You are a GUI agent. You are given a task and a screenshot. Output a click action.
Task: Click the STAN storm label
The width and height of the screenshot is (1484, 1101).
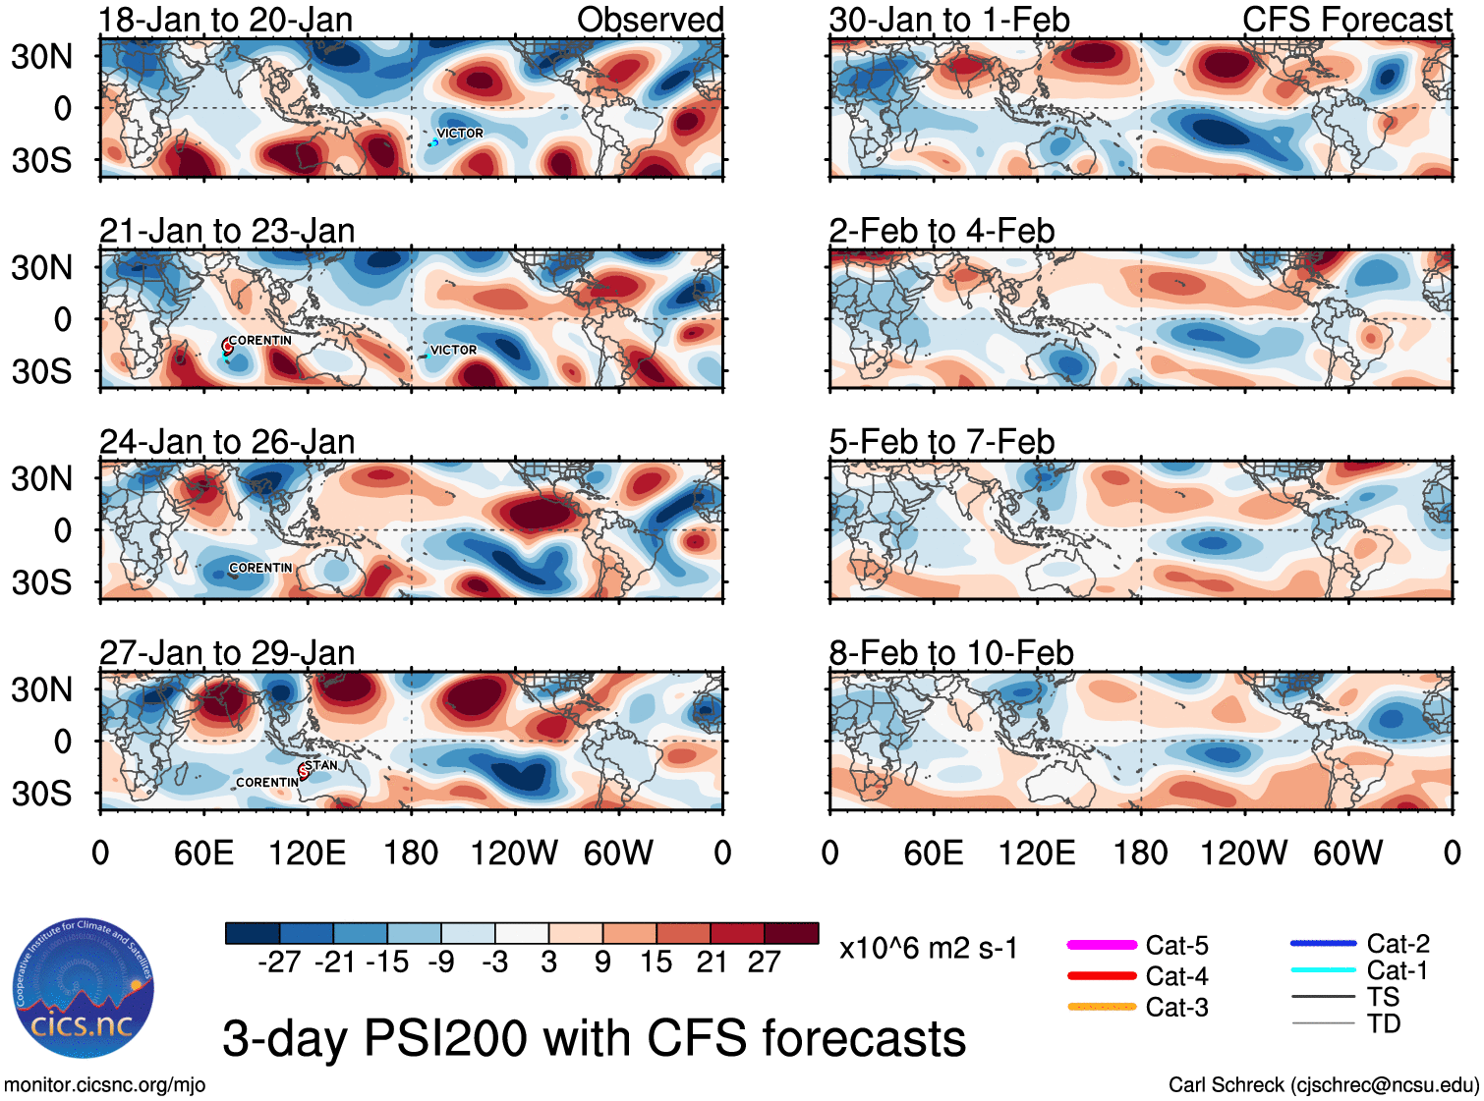[x=321, y=765]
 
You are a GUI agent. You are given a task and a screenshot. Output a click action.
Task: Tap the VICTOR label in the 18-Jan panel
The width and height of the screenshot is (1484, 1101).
[x=460, y=134]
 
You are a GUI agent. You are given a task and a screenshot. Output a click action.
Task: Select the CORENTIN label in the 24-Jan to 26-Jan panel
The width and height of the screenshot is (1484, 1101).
[x=260, y=568]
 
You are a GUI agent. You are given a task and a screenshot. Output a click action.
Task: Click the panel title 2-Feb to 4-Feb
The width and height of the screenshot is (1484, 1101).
[x=942, y=231]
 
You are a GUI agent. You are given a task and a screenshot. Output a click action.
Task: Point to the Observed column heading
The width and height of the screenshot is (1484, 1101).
[x=650, y=20]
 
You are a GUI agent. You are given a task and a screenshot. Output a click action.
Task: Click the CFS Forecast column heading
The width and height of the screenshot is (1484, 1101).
[x=1346, y=20]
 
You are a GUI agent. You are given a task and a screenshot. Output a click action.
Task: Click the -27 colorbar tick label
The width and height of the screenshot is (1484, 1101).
[x=279, y=963]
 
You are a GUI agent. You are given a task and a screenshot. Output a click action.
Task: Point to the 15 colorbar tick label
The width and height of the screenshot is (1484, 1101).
[x=656, y=963]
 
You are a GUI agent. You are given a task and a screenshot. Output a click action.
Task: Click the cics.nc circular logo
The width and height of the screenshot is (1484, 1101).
[x=84, y=989]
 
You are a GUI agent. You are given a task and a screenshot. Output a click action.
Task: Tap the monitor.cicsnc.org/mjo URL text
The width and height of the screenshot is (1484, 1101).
[x=104, y=1085]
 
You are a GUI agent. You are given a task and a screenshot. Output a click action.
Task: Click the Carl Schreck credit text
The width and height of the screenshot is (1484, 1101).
[x=1323, y=1085]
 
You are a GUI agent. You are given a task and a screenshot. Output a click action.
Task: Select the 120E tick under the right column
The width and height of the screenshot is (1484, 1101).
[x=1037, y=853]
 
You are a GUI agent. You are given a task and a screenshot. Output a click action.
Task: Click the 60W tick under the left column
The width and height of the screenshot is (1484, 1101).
[x=618, y=853]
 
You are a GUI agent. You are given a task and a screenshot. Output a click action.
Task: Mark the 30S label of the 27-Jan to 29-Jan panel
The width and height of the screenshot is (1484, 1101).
[x=42, y=794]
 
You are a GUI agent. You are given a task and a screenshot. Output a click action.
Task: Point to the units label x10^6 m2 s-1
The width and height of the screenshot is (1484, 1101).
[x=928, y=949]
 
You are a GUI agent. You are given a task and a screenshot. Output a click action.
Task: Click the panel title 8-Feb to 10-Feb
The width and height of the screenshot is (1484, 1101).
[x=951, y=653]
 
